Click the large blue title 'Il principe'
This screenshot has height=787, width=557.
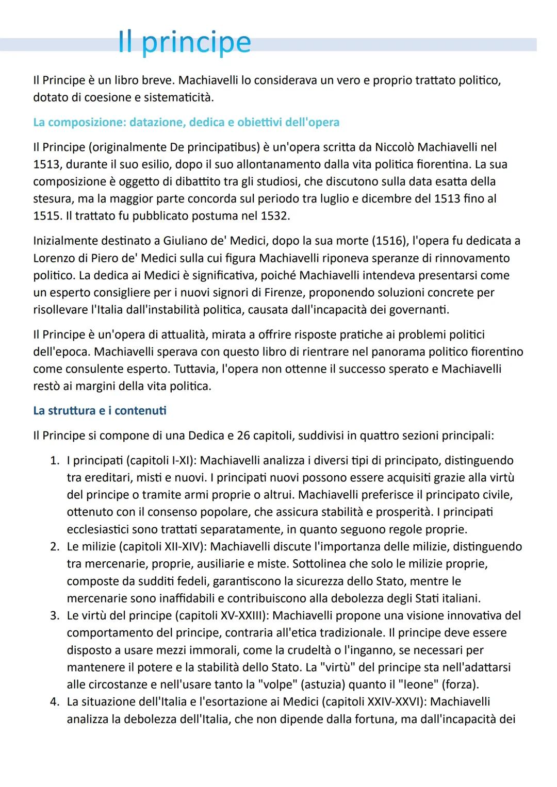coord(184,42)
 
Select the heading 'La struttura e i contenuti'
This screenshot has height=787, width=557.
coord(100,411)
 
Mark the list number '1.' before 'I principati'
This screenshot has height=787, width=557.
coord(55,460)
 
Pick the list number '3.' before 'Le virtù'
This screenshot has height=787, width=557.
coord(55,616)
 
